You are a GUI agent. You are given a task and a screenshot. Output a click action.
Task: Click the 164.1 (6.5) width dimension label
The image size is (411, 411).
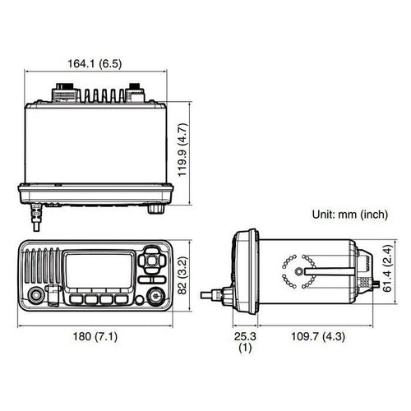95,64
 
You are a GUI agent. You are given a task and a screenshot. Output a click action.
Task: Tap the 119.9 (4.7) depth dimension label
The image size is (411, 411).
182,150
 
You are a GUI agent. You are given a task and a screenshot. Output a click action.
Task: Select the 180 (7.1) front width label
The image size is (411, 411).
95,336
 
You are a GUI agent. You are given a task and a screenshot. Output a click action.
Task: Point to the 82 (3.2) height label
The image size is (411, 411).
182,275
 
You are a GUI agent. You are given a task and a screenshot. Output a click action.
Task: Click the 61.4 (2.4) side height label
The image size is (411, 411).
388,268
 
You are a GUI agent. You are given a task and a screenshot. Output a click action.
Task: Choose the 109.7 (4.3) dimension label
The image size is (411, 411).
318,336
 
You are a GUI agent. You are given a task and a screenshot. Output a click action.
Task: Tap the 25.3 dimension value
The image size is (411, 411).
245,336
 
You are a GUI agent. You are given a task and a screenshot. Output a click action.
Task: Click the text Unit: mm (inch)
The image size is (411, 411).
350,215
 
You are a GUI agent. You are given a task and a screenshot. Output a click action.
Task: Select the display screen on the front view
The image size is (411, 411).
99,270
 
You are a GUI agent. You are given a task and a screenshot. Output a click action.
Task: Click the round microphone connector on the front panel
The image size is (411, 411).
36,295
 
